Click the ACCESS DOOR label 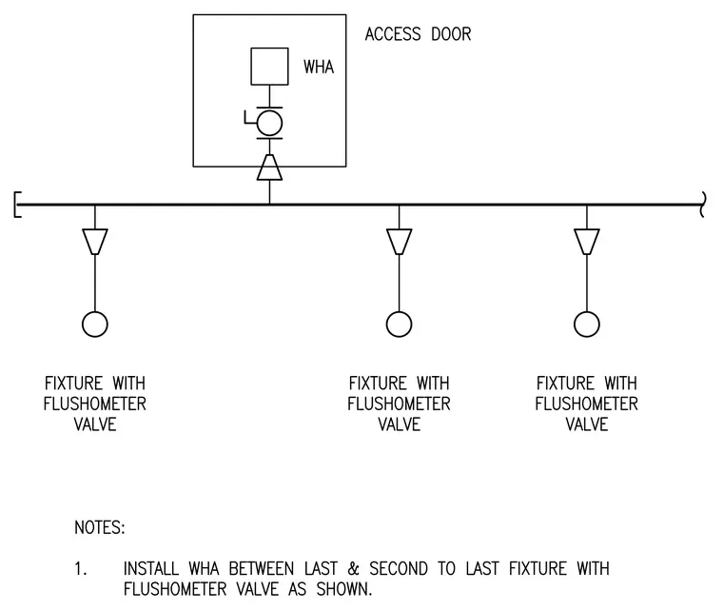[419, 34]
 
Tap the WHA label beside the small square [319, 68]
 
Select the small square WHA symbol [270, 67]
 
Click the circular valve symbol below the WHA [269, 123]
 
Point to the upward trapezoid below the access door [270, 167]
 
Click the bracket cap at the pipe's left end [16, 205]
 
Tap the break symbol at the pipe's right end [703, 205]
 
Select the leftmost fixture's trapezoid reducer [95, 242]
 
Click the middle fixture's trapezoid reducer [399, 242]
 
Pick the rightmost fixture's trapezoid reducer [587, 242]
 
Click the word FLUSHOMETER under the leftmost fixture [95, 404]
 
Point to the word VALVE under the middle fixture [400, 424]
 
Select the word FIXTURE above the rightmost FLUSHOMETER [565, 384]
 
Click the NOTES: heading [100, 527]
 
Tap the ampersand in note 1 [354, 568]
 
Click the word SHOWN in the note [344, 589]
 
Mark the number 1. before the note [80, 568]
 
